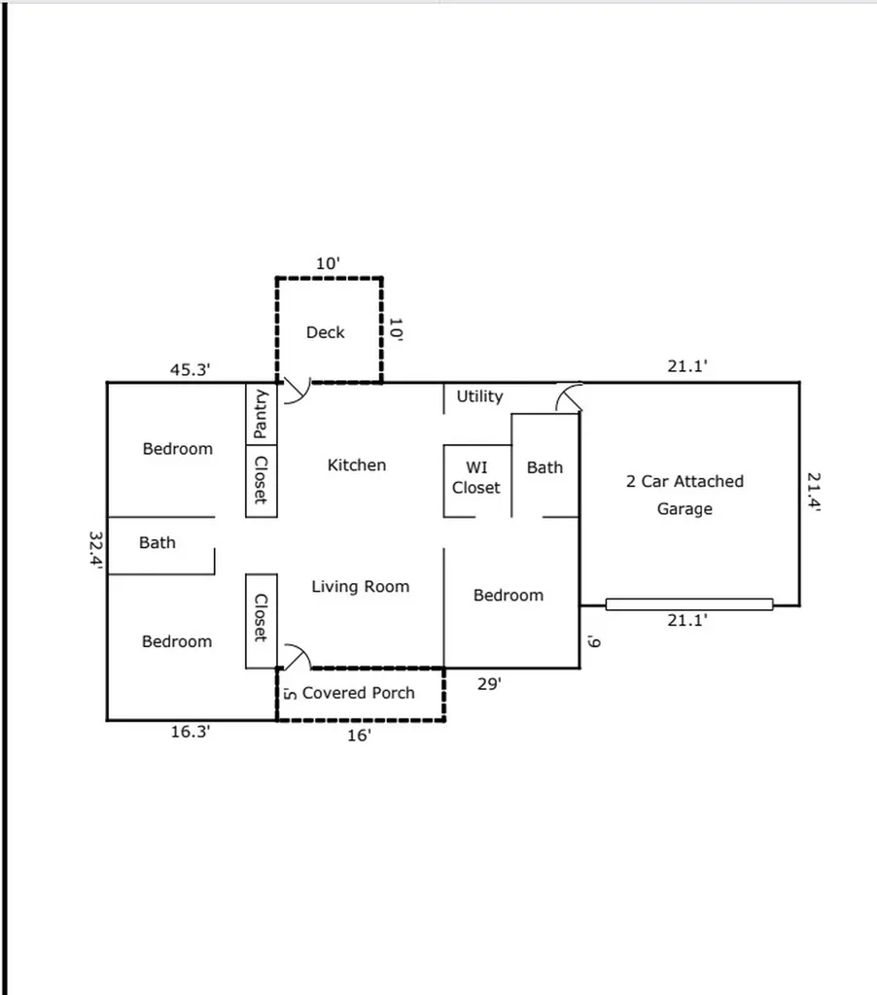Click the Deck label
(x=325, y=332)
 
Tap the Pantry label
(x=261, y=415)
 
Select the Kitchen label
(x=356, y=465)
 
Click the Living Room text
(x=360, y=587)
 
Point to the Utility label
(x=479, y=396)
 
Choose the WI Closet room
(x=476, y=478)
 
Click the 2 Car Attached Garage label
(x=684, y=495)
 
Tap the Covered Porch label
(x=358, y=693)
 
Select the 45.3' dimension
(x=191, y=369)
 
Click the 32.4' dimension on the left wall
(x=95, y=554)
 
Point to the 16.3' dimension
(x=191, y=733)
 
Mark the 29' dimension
(x=489, y=684)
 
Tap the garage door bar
(x=688, y=604)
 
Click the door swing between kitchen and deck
(x=296, y=393)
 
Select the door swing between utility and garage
(x=568, y=397)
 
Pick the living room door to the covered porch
(x=296, y=658)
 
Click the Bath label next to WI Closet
(x=544, y=467)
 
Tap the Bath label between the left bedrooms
(x=157, y=542)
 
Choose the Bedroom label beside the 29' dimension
(x=508, y=596)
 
